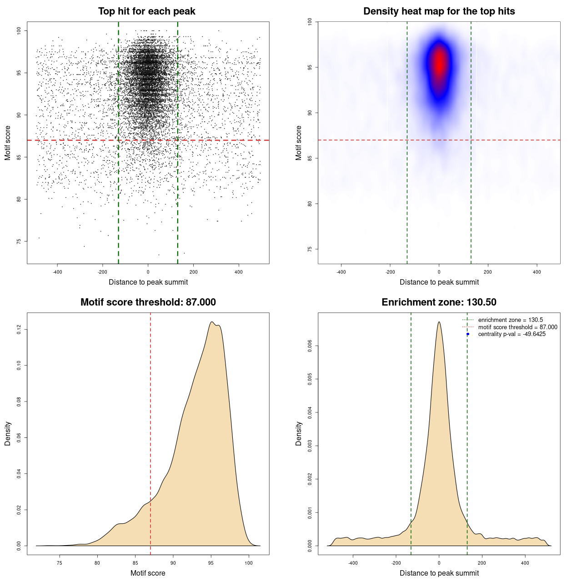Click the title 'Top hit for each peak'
(146, 11)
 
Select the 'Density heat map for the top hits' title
(439, 11)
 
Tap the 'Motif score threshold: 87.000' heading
(148, 302)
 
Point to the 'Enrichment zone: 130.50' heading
(439, 302)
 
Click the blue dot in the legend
(468, 334)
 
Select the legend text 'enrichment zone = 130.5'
(510, 320)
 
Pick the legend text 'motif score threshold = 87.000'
(517, 327)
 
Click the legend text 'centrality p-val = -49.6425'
(512, 334)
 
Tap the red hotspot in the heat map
(439, 64)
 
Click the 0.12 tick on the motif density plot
(19, 329)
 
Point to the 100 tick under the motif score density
(248, 563)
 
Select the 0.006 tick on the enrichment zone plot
(310, 346)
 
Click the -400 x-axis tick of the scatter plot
(57, 272)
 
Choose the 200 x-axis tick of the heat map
(488, 272)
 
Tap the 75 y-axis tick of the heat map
(310, 249)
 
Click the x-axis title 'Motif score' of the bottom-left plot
(148, 573)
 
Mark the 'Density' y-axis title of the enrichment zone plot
(299, 433)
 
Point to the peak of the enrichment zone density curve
(439, 322)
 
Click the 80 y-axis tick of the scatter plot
(19, 199)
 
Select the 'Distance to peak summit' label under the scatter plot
(148, 282)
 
